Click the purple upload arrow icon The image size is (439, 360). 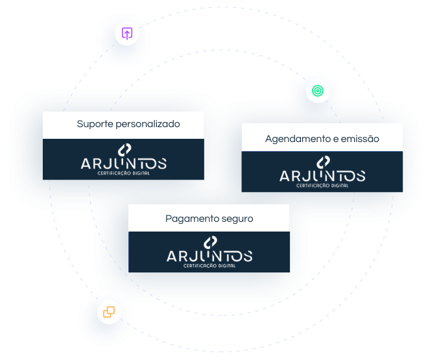tap(127, 34)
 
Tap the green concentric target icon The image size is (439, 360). tap(318, 91)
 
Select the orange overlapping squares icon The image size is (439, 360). tap(109, 312)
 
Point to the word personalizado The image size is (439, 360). tap(148, 124)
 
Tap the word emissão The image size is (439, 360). tap(364, 139)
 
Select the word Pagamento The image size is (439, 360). tap(189, 219)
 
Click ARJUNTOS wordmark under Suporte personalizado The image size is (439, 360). tap(123, 163)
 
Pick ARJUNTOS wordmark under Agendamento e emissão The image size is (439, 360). tap(322, 176)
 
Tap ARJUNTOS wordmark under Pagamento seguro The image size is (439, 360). tap(209, 256)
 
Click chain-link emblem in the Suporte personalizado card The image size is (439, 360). tap(125, 150)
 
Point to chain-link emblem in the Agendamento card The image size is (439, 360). tap(323, 163)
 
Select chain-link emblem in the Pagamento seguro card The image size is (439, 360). tap(210, 243)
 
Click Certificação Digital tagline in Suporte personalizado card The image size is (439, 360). tap(123, 173)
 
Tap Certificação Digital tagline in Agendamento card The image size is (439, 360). tap(322, 186)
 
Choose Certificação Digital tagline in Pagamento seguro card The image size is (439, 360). tap(209, 265)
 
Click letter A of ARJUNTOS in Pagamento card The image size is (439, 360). tap(172, 256)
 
